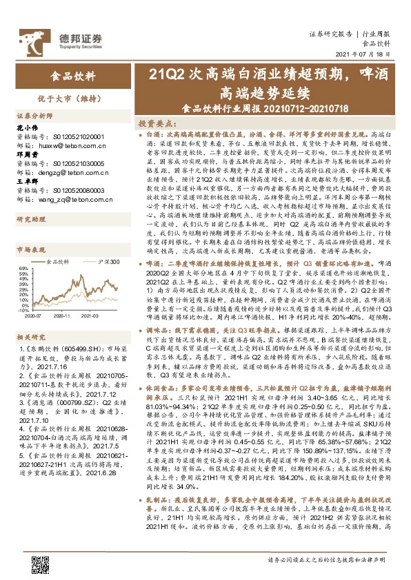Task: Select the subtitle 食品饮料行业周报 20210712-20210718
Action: click(x=265, y=107)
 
